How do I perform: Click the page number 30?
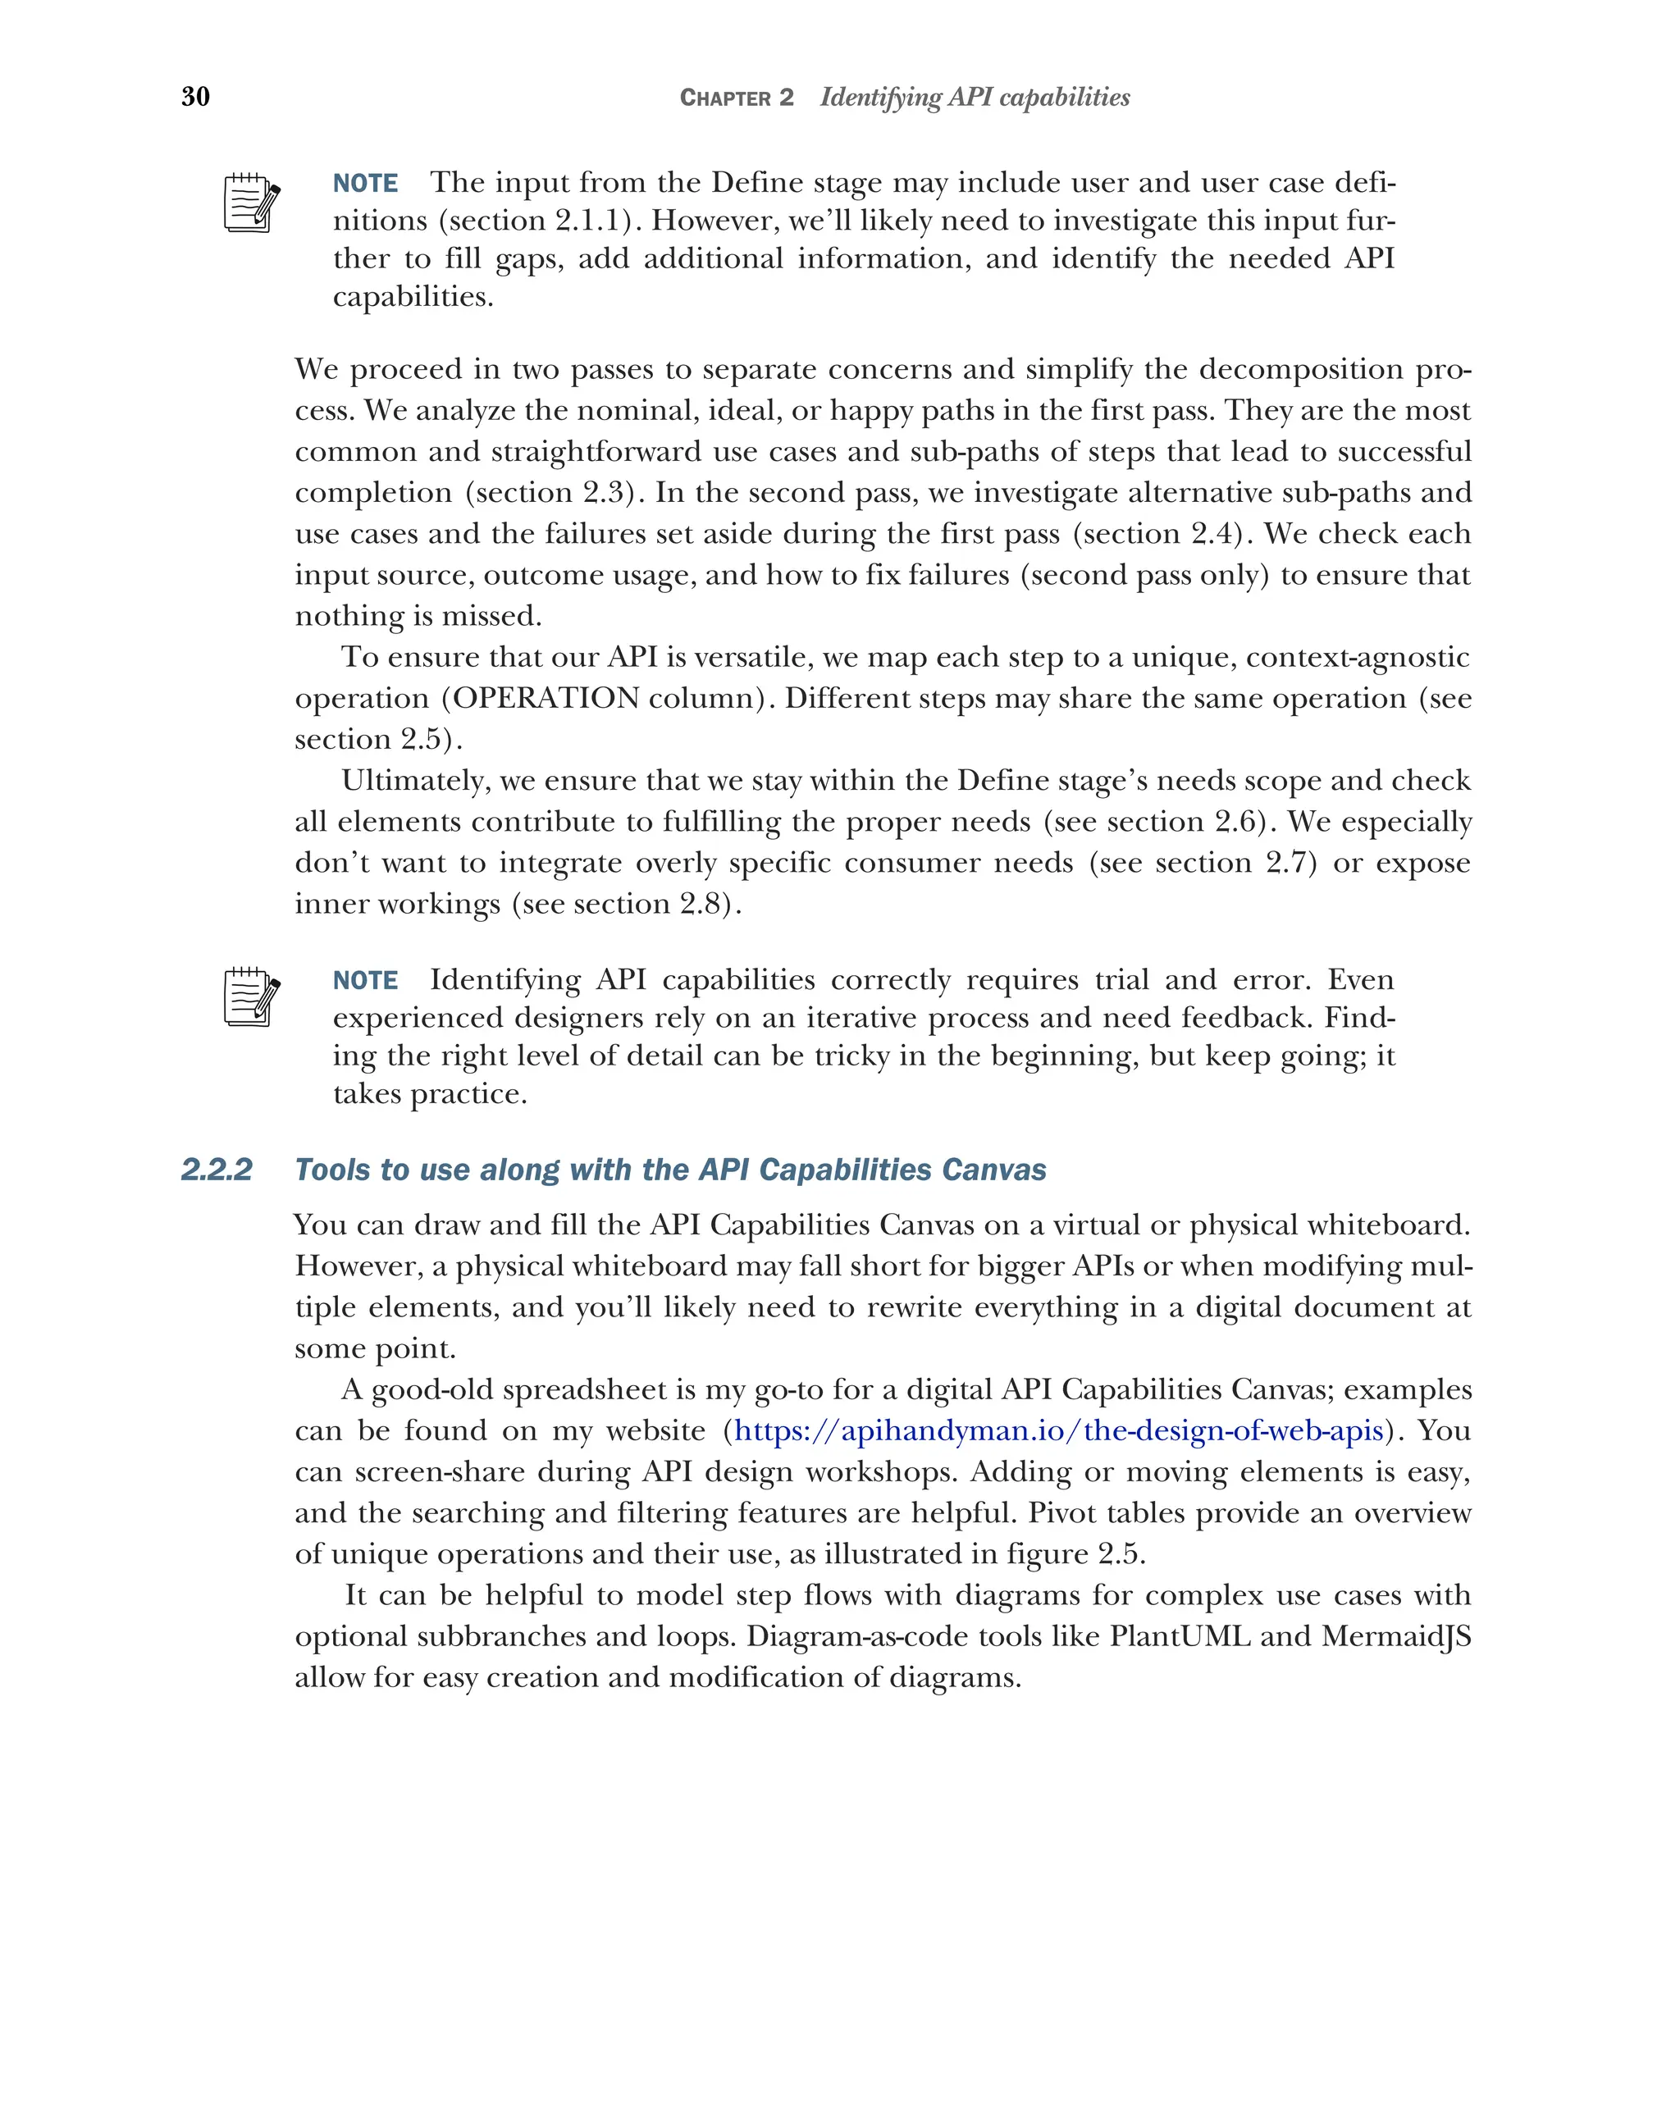195,96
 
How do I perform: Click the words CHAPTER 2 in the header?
736,98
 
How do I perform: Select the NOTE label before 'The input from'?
366,184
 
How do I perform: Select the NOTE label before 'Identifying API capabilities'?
366,980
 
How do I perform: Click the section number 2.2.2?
217,1170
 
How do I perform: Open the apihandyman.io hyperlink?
1058,1430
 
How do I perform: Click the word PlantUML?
1180,1636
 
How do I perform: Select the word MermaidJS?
1395,1636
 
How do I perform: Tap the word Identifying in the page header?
880,98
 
